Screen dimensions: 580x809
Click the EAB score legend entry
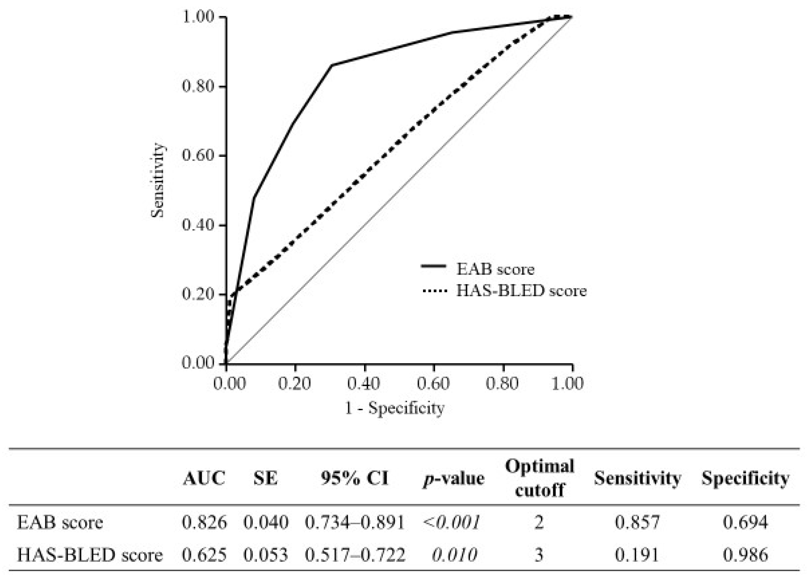pos(495,269)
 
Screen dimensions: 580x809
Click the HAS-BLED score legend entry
pos(521,291)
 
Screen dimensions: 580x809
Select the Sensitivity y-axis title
pos(157,180)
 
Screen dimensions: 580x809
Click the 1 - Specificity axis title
pos(395,408)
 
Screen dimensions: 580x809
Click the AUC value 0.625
pos(204,555)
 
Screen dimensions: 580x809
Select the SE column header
pos(265,478)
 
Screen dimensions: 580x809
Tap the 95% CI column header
pos(355,478)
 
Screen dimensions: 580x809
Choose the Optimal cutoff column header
pos(539,478)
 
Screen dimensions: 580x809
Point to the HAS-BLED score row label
pos(90,555)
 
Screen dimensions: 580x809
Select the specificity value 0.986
pos(745,555)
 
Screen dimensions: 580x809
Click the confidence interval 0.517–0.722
pos(355,555)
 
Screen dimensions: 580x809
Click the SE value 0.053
pos(265,555)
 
